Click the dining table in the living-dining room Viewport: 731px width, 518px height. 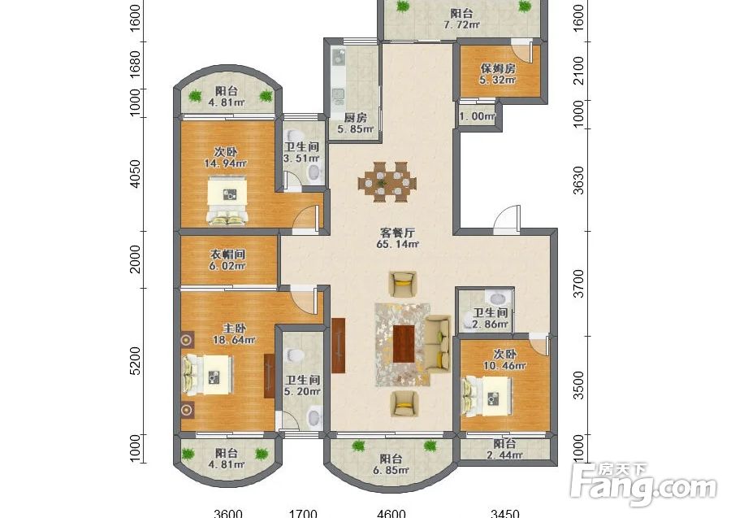pyautogui.click(x=387, y=181)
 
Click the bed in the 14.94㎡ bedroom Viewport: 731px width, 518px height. pyautogui.click(x=228, y=201)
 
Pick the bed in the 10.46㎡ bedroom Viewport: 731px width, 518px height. pyautogui.click(x=487, y=396)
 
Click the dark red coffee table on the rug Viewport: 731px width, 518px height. pyautogui.click(x=404, y=344)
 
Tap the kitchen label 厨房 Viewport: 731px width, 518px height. pyautogui.click(x=355, y=118)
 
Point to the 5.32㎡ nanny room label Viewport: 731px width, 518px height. pyautogui.click(x=498, y=80)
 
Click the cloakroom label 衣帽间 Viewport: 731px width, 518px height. pyautogui.click(x=227, y=255)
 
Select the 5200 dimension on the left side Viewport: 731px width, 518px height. pyautogui.click(x=135, y=361)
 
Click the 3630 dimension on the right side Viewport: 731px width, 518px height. pyautogui.click(x=578, y=181)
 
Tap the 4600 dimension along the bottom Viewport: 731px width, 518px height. pyautogui.click(x=391, y=513)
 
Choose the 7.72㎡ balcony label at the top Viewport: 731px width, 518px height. pyautogui.click(x=461, y=24)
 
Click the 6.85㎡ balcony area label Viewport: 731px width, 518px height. pyautogui.click(x=391, y=470)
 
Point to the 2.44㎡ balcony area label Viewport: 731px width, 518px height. pyautogui.click(x=505, y=455)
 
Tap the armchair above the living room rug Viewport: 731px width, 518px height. pyautogui.click(x=403, y=284)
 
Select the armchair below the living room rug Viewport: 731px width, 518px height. pyautogui.click(x=404, y=403)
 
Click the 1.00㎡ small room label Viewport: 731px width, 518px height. pyautogui.click(x=477, y=115)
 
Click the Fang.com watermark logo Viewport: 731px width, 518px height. pyautogui.click(x=643, y=485)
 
